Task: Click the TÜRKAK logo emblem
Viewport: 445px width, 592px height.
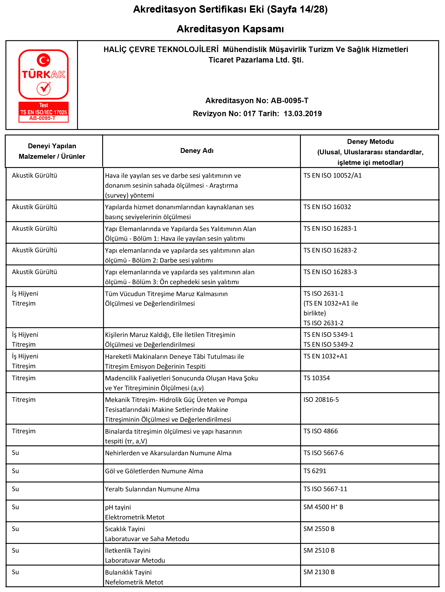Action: click(44, 74)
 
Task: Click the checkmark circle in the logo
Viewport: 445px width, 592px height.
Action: click(44, 88)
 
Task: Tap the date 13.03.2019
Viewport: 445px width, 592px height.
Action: click(303, 113)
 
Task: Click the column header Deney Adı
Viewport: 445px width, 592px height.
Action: click(197, 151)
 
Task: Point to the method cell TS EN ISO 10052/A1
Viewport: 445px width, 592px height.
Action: click(332, 176)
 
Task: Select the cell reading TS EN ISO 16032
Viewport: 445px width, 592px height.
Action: click(327, 207)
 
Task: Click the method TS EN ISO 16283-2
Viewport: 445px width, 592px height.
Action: click(330, 250)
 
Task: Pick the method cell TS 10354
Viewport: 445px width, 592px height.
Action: click(317, 378)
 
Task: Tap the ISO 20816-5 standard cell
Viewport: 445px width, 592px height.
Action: click(321, 399)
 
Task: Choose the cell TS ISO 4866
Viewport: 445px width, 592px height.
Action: click(321, 431)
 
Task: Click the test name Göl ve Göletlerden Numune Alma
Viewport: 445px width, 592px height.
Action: click(154, 471)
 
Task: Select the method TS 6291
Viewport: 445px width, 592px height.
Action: click(315, 471)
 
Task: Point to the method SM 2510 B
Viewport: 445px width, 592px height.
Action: click(319, 550)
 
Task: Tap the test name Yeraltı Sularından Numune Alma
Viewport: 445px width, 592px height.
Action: click(152, 489)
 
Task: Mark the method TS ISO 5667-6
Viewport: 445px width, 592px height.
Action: click(323, 453)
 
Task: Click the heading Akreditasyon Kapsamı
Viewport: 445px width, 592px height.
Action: click(230, 29)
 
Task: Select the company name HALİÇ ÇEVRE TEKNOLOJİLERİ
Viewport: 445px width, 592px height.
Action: click(161, 49)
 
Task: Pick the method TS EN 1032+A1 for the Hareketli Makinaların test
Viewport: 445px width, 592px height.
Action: click(325, 356)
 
